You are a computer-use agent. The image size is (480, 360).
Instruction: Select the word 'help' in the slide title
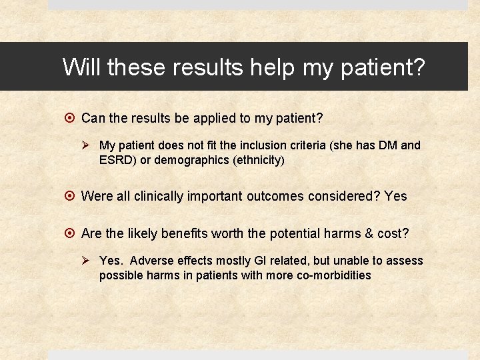(272, 67)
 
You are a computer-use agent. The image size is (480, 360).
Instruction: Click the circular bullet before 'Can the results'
(71, 118)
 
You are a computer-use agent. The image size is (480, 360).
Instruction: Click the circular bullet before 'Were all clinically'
(71, 196)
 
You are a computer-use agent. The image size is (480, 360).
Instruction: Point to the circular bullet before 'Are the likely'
(71, 233)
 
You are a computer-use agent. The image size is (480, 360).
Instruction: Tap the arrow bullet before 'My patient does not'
(90, 145)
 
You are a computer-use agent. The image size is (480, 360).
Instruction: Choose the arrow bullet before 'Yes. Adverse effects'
(90, 261)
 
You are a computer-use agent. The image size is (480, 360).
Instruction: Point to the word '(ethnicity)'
(255, 160)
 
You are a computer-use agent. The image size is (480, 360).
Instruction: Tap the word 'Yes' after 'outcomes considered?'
(396, 196)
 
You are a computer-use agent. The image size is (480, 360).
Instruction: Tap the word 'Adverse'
(150, 261)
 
